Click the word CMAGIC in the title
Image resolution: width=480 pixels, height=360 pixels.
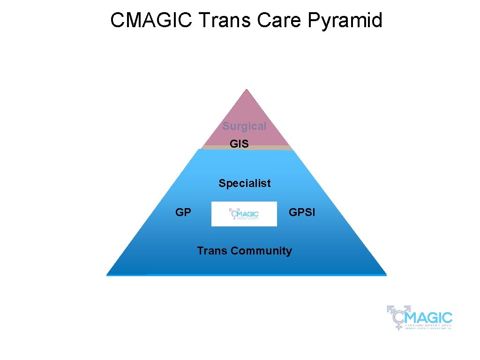152,21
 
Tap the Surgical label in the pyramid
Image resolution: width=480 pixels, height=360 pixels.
244,126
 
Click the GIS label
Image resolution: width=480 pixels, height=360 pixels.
239,144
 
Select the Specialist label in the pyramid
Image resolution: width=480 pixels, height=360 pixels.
244,183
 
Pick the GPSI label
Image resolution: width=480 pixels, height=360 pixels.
302,212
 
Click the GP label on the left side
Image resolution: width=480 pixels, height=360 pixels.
183,212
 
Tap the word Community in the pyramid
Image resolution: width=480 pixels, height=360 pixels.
261,251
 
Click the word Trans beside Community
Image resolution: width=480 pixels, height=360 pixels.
212,251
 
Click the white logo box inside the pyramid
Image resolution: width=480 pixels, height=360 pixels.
244,214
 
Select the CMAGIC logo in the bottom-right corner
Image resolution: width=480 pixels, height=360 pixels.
420,317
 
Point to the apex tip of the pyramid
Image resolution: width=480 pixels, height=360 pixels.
247,90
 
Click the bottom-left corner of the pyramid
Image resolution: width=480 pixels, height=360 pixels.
108,274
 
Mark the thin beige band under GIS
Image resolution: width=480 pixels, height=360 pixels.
247,148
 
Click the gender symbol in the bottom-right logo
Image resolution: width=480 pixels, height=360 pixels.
397,316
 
